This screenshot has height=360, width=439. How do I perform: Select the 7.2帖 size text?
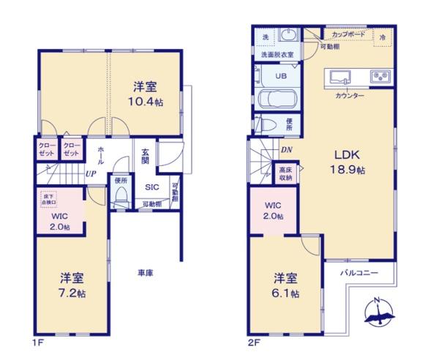coord(72,293)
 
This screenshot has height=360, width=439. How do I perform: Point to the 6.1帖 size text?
coord(286,293)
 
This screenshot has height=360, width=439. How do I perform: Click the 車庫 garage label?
coord(145,273)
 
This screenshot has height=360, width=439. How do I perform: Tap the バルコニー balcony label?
coord(359,273)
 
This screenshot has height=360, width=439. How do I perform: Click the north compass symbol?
coord(378,311)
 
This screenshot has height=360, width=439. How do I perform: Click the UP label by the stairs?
coord(91,173)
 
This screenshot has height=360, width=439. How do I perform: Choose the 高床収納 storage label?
coord(285,173)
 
